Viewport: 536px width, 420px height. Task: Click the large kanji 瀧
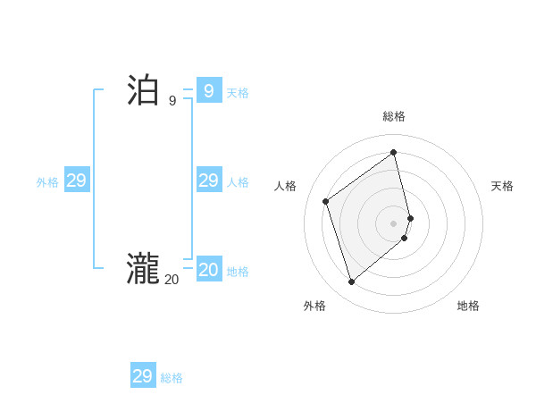[x=143, y=269]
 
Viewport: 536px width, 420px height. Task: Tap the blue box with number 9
[x=208, y=90]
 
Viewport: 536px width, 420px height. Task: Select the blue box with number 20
[x=208, y=269]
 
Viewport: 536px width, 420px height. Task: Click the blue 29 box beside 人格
[x=208, y=181]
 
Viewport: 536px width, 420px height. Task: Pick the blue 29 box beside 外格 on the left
[x=76, y=181]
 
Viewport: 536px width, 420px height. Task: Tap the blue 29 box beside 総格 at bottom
[x=142, y=376]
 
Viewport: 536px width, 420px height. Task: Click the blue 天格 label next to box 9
[x=238, y=93]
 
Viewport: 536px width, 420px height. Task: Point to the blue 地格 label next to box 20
[x=238, y=272]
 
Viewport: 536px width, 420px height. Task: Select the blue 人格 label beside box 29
[x=238, y=182]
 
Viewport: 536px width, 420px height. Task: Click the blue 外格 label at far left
[x=47, y=182]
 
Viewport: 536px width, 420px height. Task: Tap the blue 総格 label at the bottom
[x=172, y=378]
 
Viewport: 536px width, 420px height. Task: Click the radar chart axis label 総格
[x=394, y=116]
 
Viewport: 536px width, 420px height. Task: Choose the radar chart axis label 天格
[x=502, y=186]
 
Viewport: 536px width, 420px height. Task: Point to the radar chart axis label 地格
[x=468, y=306]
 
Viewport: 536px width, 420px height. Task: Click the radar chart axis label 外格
[x=314, y=306]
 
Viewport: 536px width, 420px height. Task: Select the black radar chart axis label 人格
[x=285, y=186]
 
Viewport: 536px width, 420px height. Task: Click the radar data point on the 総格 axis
[x=394, y=152]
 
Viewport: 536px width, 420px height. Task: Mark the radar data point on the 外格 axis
[x=351, y=282]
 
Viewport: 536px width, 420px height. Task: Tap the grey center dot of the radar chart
[x=394, y=223]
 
